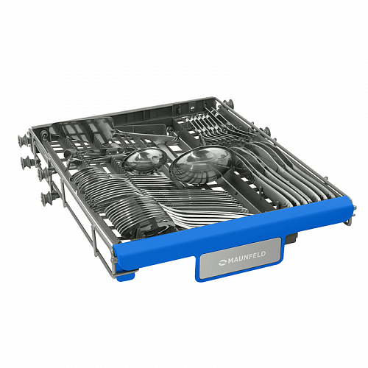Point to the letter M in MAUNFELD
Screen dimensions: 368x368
coord(231,261)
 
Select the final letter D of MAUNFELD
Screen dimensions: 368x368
coord(263,254)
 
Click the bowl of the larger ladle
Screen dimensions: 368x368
coord(201,164)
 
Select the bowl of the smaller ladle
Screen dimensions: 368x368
coord(145,160)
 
